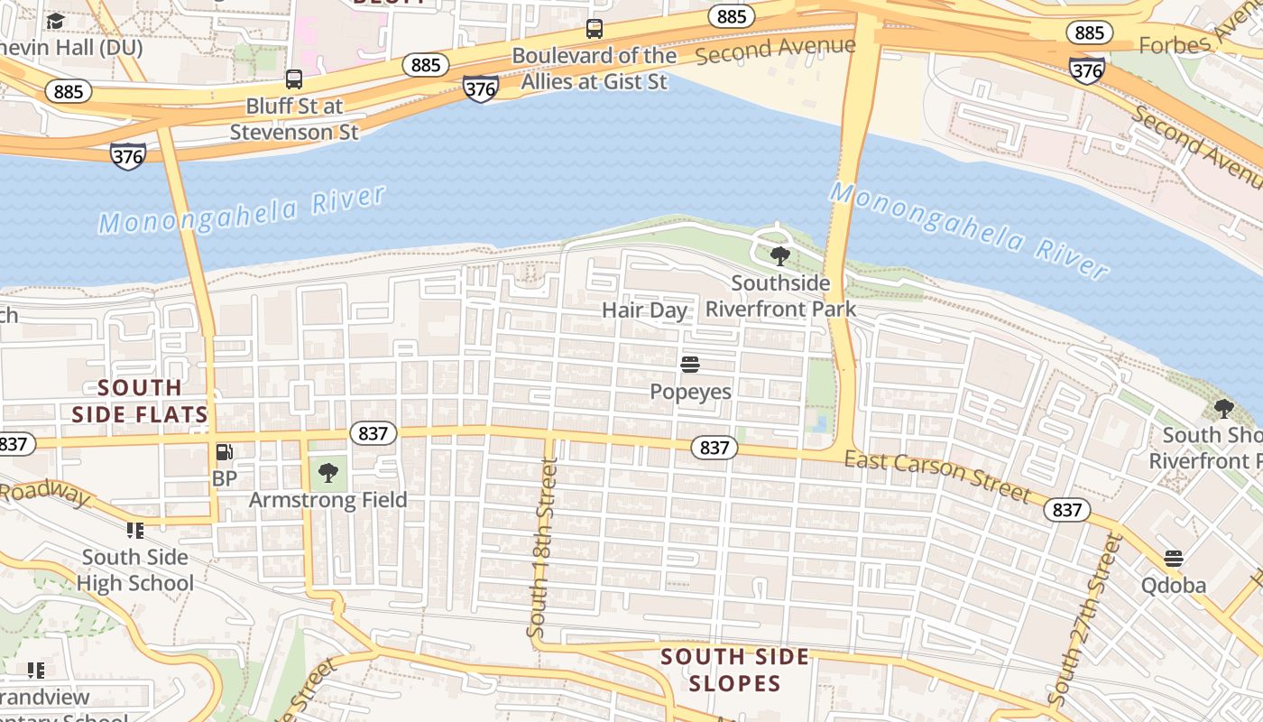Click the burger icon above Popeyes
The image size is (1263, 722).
690,365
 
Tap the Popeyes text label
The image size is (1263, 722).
690,392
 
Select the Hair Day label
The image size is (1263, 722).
644,310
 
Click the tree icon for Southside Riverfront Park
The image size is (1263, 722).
780,256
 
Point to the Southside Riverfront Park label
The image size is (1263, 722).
780,296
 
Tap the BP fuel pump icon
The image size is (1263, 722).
225,452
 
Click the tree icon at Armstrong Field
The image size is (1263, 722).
328,472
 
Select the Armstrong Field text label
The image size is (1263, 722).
328,500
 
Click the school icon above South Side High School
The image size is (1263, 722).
135,530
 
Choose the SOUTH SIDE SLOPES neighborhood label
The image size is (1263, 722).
735,670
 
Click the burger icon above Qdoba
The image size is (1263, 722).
1173,559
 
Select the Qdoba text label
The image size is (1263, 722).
1173,586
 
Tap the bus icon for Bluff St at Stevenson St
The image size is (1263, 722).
294,79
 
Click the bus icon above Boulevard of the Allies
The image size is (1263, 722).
594,29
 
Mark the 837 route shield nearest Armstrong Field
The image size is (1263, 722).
372,433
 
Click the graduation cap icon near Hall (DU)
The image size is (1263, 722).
56,21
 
